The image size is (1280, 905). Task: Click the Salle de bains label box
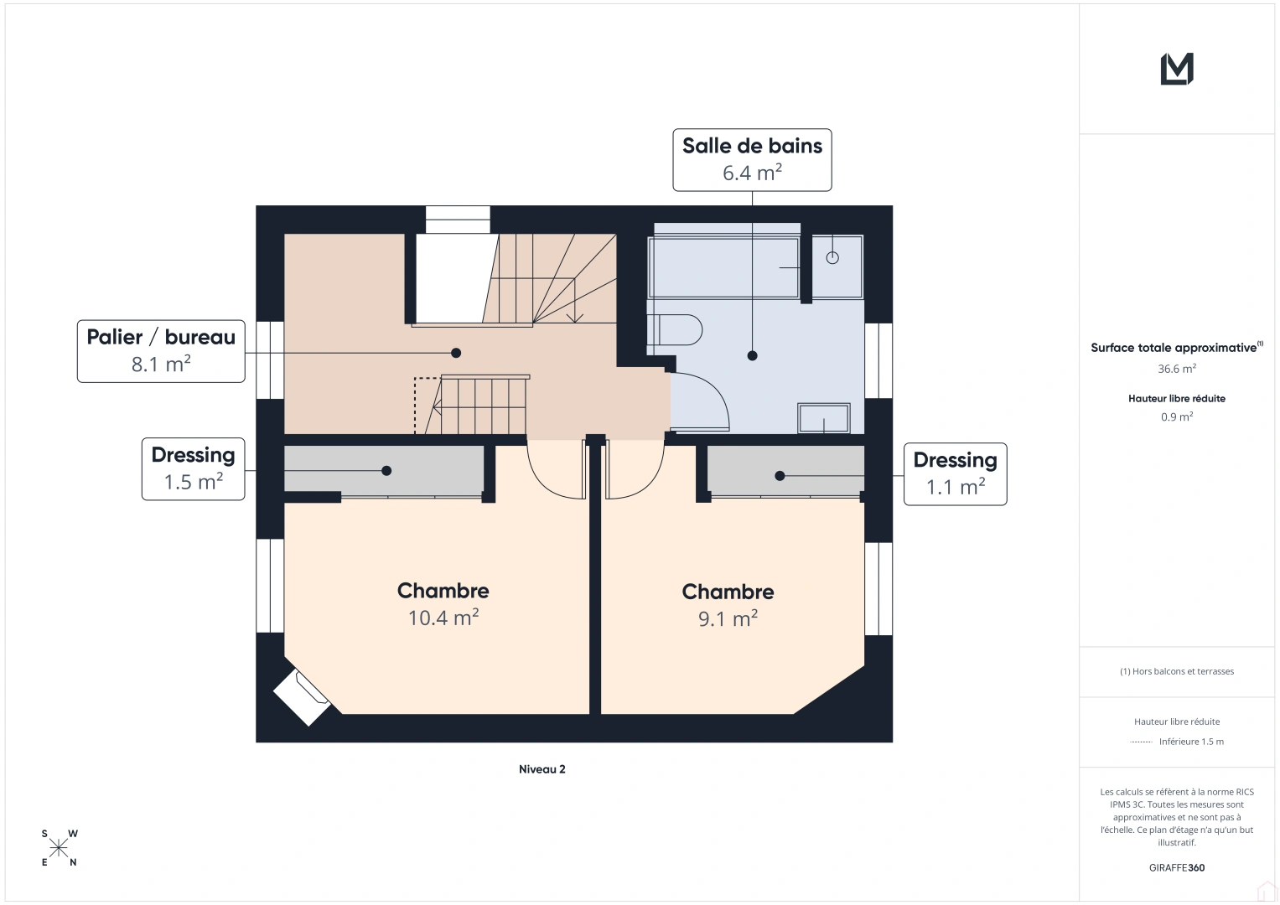click(x=752, y=160)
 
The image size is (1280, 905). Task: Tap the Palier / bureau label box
click(x=161, y=351)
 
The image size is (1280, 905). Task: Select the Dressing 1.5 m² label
click(x=193, y=469)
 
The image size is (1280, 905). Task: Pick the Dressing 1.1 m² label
click(x=956, y=473)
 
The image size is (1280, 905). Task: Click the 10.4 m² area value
click(x=443, y=618)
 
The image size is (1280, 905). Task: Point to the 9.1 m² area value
click(x=728, y=618)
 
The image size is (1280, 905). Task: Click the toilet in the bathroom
click(x=675, y=329)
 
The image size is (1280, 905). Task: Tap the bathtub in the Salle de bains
click(x=723, y=267)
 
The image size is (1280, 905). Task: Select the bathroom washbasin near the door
click(x=824, y=418)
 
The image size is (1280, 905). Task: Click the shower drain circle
click(x=832, y=258)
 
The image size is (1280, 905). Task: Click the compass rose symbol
click(x=59, y=848)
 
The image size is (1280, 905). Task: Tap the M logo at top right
click(x=1177, y=69)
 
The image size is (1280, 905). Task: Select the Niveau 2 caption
click(x=542, y=769)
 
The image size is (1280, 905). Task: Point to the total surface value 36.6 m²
click(x=1177, y=369)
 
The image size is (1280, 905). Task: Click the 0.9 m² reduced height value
click(x=1177, y=416)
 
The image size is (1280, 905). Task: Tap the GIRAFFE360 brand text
click(x=1177, y=867)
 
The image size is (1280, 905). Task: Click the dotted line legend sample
click(x=1141, y=742)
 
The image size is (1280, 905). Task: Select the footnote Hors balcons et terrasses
click(x=1177, y=671)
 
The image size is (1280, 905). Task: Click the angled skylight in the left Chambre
click(x=302, y=698)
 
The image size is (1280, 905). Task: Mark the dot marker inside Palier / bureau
click(x=456, y=353)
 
